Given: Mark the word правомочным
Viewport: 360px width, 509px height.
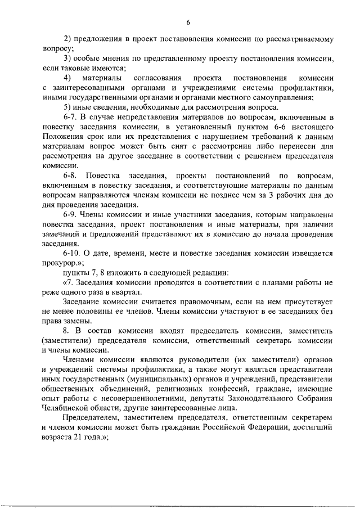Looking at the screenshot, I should pyautogui.click(x=190, y=302).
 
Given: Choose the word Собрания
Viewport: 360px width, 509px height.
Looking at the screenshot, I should pyautogui.click(x=316, y=399).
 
